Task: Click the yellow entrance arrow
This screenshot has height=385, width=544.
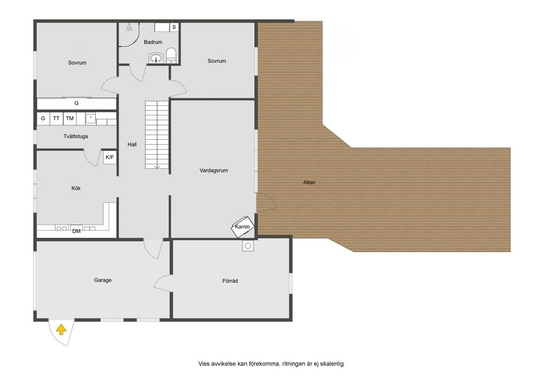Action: (61, 330)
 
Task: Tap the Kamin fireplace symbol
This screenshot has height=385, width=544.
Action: (243, 227)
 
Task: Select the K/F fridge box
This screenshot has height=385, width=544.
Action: (109, 157)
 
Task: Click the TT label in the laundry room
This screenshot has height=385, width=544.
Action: (56, 119)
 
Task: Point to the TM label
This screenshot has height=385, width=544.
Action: (70, 119)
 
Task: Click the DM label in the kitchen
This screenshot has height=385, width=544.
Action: (76, 231)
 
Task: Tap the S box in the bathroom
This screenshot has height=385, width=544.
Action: (174, 27)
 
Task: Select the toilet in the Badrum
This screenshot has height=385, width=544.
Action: (172, 55)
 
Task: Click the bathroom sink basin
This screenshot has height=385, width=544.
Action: (157, 58)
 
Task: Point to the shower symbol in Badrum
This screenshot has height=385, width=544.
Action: (130, 28)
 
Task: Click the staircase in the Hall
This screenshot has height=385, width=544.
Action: (157, 135)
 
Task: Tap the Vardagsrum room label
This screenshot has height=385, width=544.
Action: (214, 171)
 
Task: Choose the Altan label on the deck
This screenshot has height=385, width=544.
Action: (309, 182)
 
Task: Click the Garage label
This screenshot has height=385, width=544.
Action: (103, 280)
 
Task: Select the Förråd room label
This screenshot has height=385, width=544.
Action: (230, 281)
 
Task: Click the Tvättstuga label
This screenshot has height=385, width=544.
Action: (75, 137)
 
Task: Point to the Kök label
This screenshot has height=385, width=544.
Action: (76, 188)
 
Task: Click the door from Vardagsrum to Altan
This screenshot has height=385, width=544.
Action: (266, 203)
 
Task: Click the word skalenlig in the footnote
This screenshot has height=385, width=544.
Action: (333, 364)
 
